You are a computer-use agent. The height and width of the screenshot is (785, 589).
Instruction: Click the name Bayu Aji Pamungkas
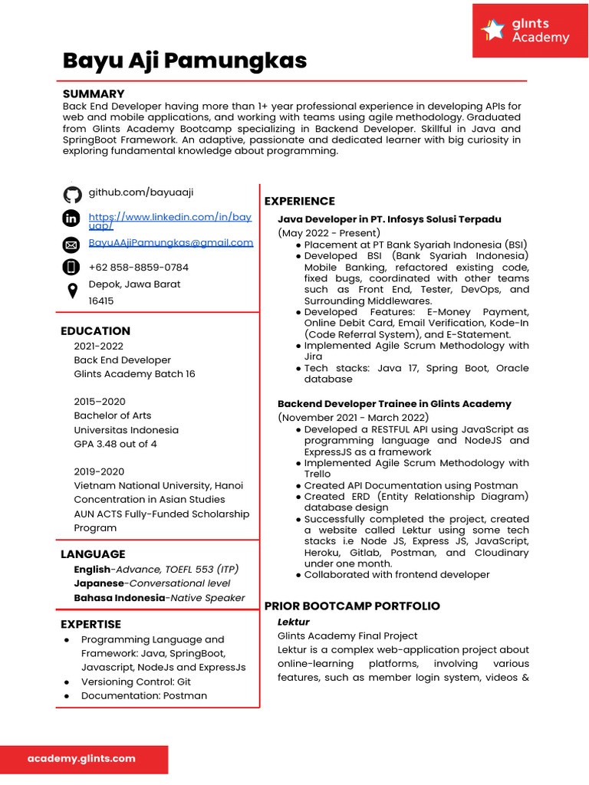(184, 61)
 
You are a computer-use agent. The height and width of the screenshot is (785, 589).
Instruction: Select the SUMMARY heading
(93, 94)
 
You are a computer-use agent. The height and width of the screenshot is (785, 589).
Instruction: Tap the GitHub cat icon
(72, 195)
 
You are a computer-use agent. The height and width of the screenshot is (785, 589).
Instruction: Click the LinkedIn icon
(71, 219)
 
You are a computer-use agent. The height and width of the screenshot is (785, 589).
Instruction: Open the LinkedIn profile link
(169, 222)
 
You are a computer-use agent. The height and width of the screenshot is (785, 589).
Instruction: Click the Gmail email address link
(170, 243)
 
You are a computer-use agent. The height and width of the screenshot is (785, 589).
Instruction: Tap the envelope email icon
(71, 245)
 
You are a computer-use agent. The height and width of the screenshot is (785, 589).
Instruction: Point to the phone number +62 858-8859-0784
(138, 268)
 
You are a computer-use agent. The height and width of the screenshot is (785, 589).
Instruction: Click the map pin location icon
(72, 291)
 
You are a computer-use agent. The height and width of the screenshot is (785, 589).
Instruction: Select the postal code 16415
(101, 301)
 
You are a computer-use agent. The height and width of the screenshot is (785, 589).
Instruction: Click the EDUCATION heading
(95, 331)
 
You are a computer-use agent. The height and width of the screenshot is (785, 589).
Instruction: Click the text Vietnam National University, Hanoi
(158, 485)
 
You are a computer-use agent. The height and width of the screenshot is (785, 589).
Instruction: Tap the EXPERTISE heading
(90, 624)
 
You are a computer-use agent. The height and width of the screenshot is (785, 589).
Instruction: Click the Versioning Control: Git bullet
(136, 682)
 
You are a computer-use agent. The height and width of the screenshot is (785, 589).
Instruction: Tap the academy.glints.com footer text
(81, 758)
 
